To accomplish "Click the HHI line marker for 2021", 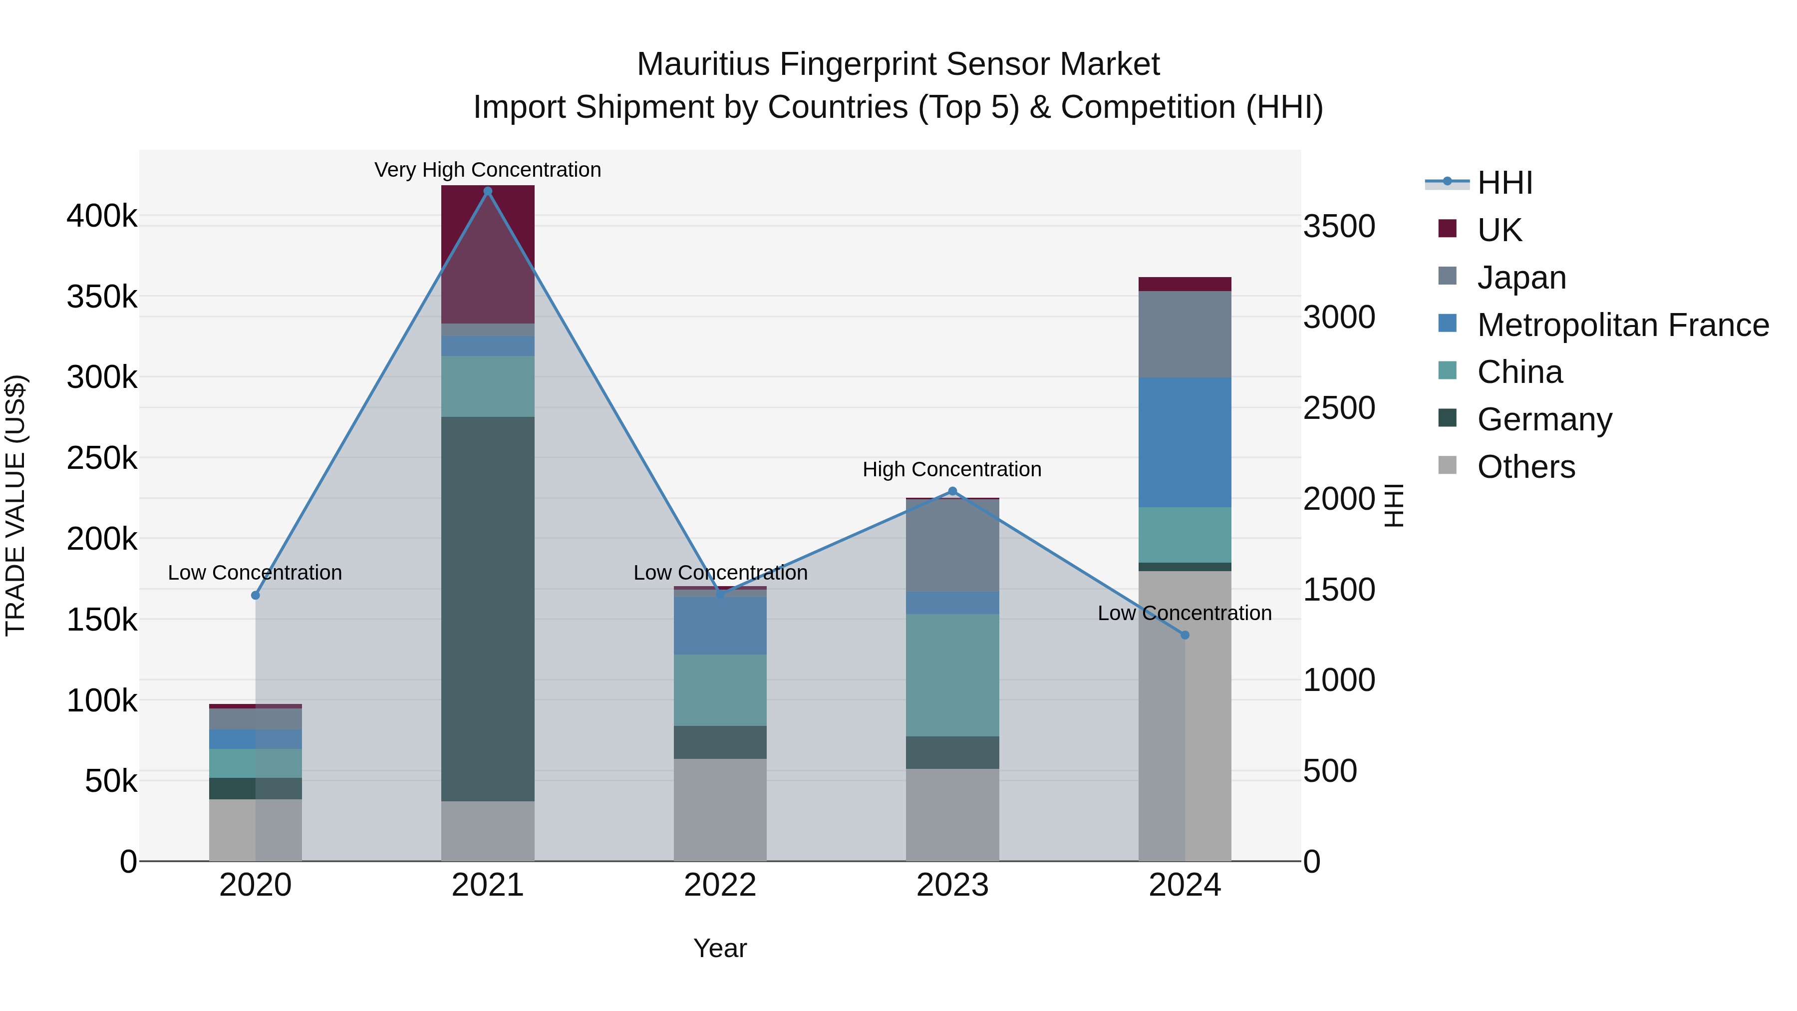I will click(488, 191).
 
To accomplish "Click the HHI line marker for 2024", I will click(1185, 635).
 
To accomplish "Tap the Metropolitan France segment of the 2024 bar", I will click(1185, 442).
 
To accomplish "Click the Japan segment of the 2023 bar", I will click(952, 546).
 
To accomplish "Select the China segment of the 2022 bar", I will click(720, 690).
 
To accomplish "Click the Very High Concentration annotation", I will click(488, 170).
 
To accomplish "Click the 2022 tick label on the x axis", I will click(720, 885).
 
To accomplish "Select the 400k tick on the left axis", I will click(102, 216).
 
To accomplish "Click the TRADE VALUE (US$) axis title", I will click(15, 505).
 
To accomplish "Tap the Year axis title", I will click(720, 948).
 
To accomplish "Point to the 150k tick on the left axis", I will click(102, 620).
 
